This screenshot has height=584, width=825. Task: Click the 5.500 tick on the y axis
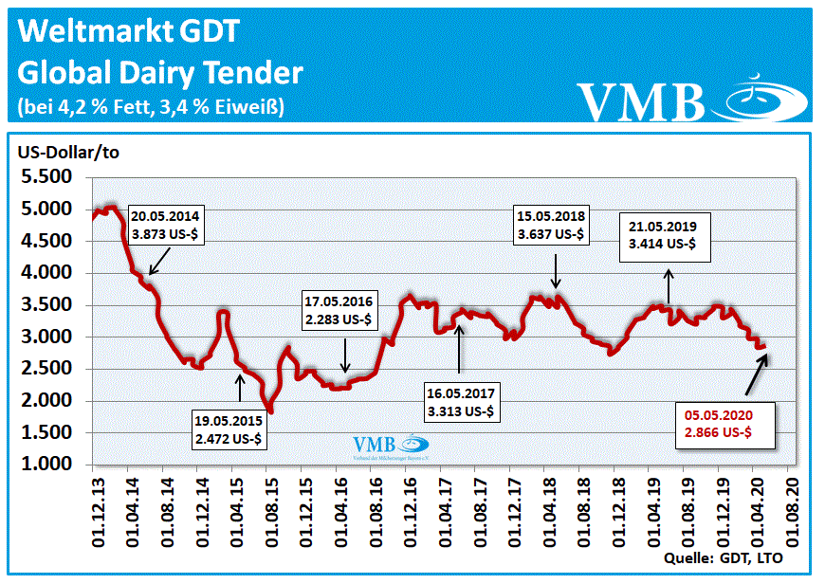coord(47,177)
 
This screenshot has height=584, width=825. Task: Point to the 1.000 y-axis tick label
coord(47,465)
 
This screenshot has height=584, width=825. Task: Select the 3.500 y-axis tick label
coord(47,305)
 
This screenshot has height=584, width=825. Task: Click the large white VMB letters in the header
coord(643,102)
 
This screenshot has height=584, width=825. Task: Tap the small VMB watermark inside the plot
coord(376,445)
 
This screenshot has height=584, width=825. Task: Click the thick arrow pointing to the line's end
coord(756,371)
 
